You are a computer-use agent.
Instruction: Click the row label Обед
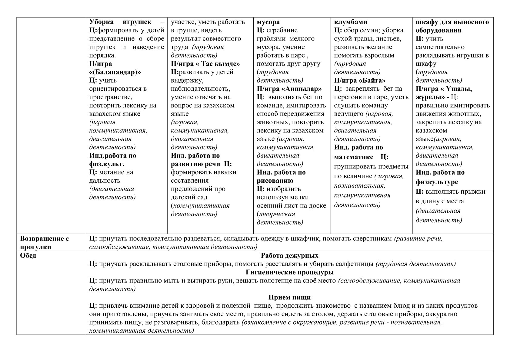[28, 256]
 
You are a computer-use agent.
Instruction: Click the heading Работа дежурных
[289, 256]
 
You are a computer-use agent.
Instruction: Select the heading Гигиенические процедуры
[289, 272]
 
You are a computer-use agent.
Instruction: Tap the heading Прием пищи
[289, 297]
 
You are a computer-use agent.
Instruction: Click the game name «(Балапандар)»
[115, 72]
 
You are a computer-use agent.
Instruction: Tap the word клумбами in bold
[350, 22]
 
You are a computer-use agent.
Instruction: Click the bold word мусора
[268, 22]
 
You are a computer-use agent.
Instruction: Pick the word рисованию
[275, 181]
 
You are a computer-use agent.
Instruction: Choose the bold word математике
[353, 157]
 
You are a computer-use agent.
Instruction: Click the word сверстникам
[372, 239]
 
